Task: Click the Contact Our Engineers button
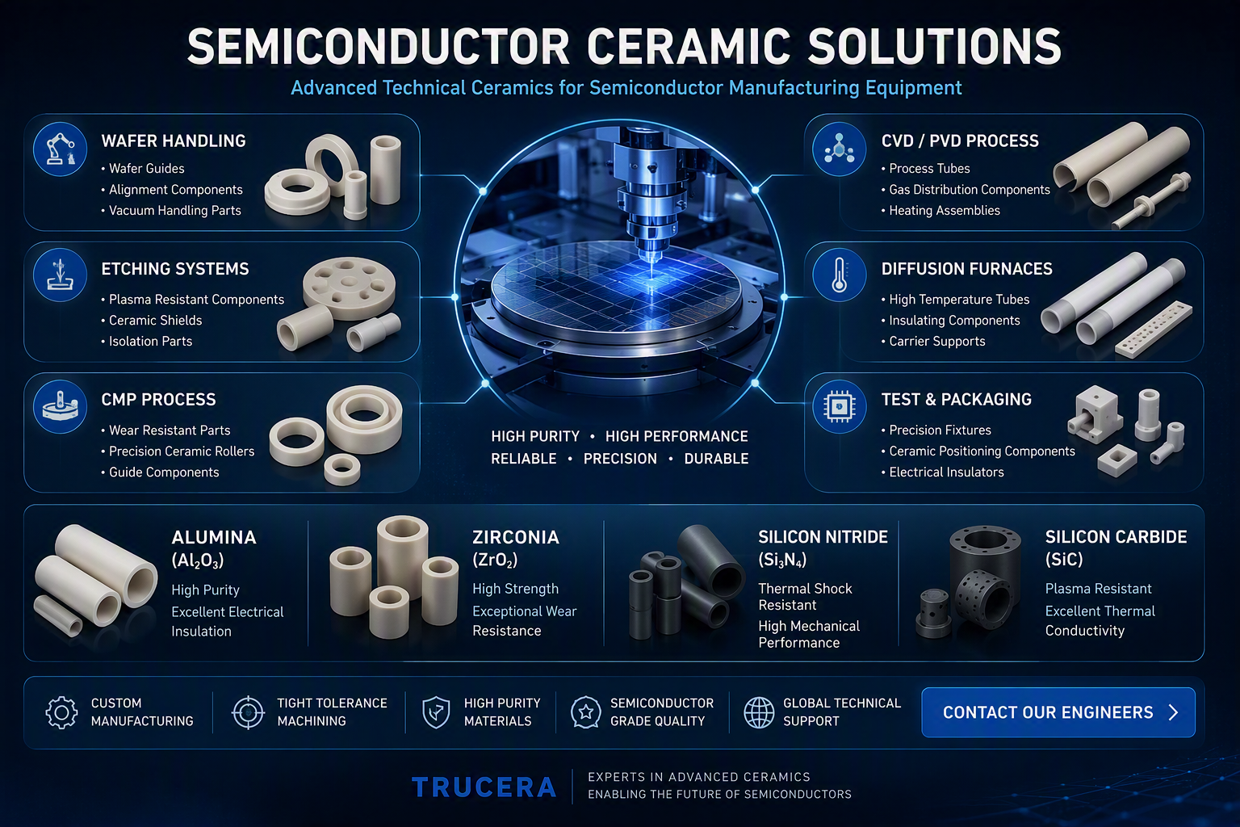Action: pyautogui.click(x=1058, y=712)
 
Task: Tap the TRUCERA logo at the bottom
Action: pyautogui.click(x=484, y=787)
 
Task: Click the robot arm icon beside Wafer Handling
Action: pyautogui.click(x=60, y=149)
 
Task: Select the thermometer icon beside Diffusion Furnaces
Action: pyautogui.click(x=840, y=275)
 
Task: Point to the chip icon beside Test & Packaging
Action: pyautogui.click(x=840, y=406)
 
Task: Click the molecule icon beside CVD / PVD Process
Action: pyautogui.click(x=840, y=149)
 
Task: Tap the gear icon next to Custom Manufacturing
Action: pyautogui.click(x=61, y=712)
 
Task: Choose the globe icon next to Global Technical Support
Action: pyautogui.click(x=759, y=712)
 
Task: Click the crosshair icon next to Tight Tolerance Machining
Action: pyautogui.click(x=248, y=712)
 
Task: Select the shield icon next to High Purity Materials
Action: pyautogui.click(x=436, y=712)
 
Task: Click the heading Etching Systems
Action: pyautogui.click(x=175, y=269)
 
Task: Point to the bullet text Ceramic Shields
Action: pyautogui.click(x=156, y=320)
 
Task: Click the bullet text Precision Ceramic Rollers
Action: pyautogui.click(x=182, y=451)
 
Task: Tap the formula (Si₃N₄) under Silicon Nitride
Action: pyautogui.click(x=783, y=560)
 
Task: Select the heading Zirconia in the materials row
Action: pyautogui.click(x=516, y=537)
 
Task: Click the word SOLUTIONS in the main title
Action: pyautogui.click(x=934, y=47)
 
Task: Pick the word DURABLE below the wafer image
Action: pyautogui.click(x=716, y=459)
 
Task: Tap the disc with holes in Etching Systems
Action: pyautogui.click(x=350, y=288)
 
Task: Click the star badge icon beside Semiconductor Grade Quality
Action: pyautogui.click(x=585, y=712)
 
